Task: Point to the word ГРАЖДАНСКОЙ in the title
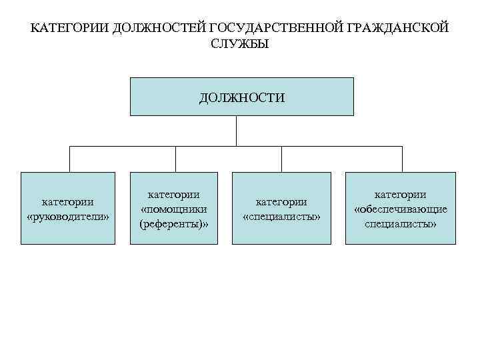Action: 396,29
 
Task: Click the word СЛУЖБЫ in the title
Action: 239,44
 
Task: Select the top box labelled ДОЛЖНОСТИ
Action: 241,97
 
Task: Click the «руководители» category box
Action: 68,209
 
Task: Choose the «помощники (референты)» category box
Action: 174,209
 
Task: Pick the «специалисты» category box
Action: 281,209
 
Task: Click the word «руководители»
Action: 68,216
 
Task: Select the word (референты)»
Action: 174,224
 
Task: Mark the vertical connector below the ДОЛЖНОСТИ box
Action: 236,131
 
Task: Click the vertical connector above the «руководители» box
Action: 70,159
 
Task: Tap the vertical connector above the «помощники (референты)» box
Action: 175,159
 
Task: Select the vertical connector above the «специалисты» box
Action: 281,159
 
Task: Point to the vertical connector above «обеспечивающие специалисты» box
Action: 401,159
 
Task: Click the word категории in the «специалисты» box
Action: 281,202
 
